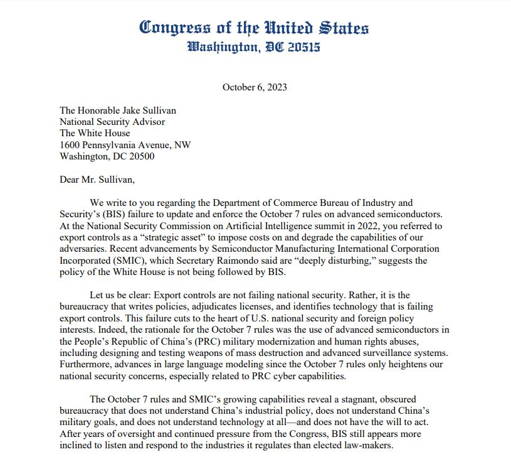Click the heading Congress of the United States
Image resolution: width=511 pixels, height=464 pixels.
[254, 28]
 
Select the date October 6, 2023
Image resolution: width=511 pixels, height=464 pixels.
[255, 87]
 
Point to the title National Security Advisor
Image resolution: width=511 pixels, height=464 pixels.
[112, 122]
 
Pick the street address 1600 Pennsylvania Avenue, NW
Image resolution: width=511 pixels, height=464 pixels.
[125, 145]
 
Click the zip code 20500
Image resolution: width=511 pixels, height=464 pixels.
[140, 156]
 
